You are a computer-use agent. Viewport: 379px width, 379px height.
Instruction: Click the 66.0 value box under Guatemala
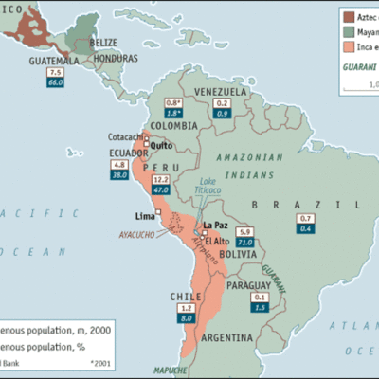56,83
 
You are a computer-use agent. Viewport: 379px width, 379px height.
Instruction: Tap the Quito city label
160,145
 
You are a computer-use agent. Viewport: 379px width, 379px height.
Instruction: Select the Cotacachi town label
126,136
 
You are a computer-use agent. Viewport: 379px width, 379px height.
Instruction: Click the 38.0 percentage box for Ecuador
120,175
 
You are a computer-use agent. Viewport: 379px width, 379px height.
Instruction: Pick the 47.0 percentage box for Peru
162,190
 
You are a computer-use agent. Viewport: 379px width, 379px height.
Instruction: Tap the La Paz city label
218,225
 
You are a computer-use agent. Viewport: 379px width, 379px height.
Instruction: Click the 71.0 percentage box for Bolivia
245,243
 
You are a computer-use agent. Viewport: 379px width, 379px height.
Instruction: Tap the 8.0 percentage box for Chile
189,320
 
